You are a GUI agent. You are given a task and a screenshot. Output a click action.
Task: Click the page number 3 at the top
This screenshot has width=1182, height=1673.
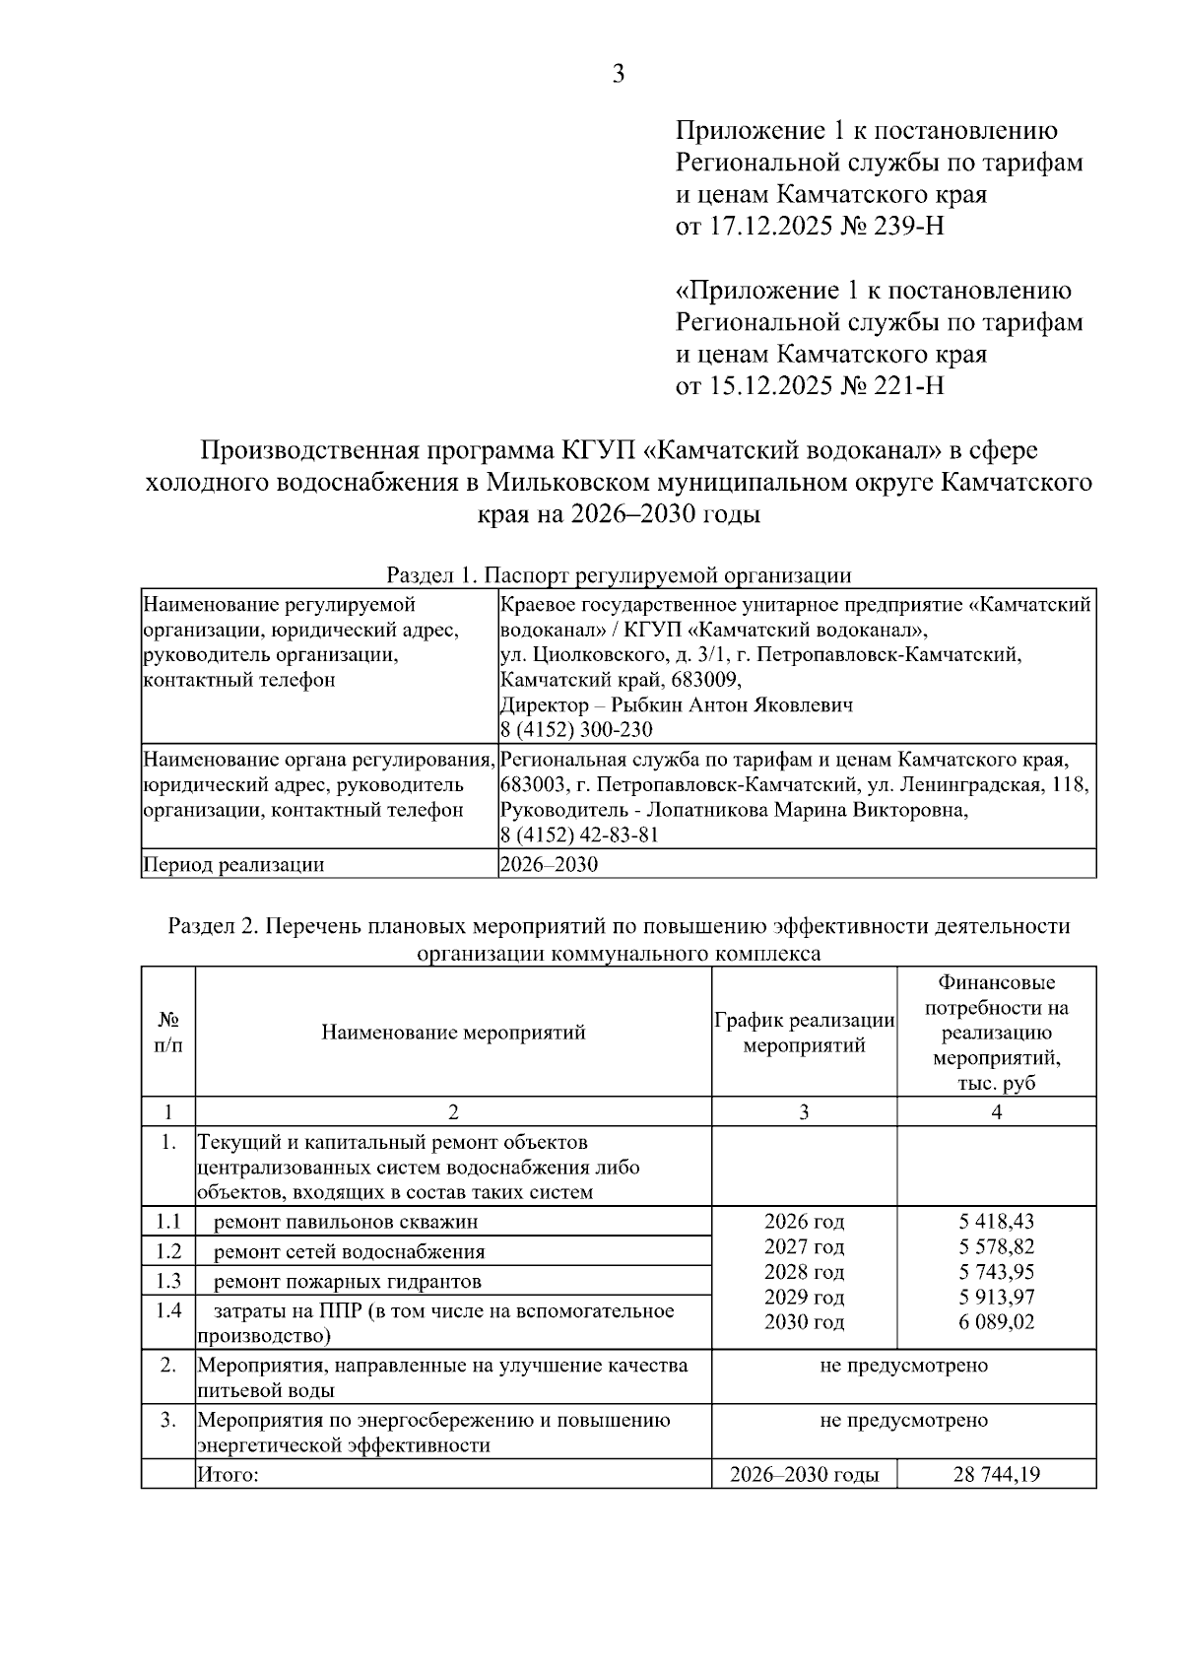click(x=619, y=74)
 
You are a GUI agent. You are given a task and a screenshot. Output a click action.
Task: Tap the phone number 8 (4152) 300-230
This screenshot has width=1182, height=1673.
click(x=576, y=730)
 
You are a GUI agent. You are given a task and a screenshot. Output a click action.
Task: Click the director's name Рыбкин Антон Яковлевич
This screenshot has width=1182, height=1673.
click(x=732, y=704)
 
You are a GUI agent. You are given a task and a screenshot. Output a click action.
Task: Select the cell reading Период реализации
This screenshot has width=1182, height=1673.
click(x=234, y=865)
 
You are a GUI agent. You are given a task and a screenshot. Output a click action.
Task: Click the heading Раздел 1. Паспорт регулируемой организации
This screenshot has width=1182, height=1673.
click(x=619, y=575)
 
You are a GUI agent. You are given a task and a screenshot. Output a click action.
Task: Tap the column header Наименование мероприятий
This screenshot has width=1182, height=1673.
click(x=453, y=1032)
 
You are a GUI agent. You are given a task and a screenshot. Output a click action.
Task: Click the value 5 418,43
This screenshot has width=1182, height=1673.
click(x=997, y=1222)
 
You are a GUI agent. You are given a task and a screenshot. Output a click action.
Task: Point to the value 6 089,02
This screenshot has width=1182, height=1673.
click(x=997, y=1322)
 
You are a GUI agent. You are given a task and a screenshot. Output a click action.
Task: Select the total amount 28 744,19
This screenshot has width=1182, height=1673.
click(x=997, y=1475)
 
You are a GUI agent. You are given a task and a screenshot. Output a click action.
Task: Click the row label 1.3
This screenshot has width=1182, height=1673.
click(x=168, y=1281)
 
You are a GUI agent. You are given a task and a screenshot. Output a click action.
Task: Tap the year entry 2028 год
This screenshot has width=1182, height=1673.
click(x=804, y=1272)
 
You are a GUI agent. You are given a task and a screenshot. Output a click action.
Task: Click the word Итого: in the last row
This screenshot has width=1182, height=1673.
click(x=228, y=1475)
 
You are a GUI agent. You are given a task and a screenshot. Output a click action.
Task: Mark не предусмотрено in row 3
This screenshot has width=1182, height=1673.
click(x=903, y=1420)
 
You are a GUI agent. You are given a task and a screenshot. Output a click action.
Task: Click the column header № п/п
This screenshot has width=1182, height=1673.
click(x=168, y=1032)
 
